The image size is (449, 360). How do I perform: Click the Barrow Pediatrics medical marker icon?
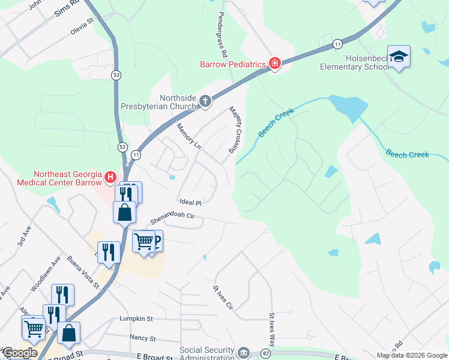(x=275, y=64)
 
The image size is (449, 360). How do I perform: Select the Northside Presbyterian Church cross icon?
(x=205, y=101)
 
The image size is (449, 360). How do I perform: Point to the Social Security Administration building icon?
(x=243, y=352)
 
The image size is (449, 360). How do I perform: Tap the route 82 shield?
(x=266, y=353)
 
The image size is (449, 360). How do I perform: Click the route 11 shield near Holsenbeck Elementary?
(x=338, y=44)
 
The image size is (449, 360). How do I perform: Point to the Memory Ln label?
(x=188, y=136)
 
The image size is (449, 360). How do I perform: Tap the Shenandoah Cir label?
(x=173, y=218)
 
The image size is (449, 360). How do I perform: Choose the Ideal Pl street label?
(x=190, y=202)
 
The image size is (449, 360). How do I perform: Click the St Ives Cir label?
(x=222, y=297)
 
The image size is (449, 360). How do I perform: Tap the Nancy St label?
(x=142, y=338)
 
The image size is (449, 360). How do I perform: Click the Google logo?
(x=20, y=352)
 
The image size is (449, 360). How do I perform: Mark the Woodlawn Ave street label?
(x=46, y=275)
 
